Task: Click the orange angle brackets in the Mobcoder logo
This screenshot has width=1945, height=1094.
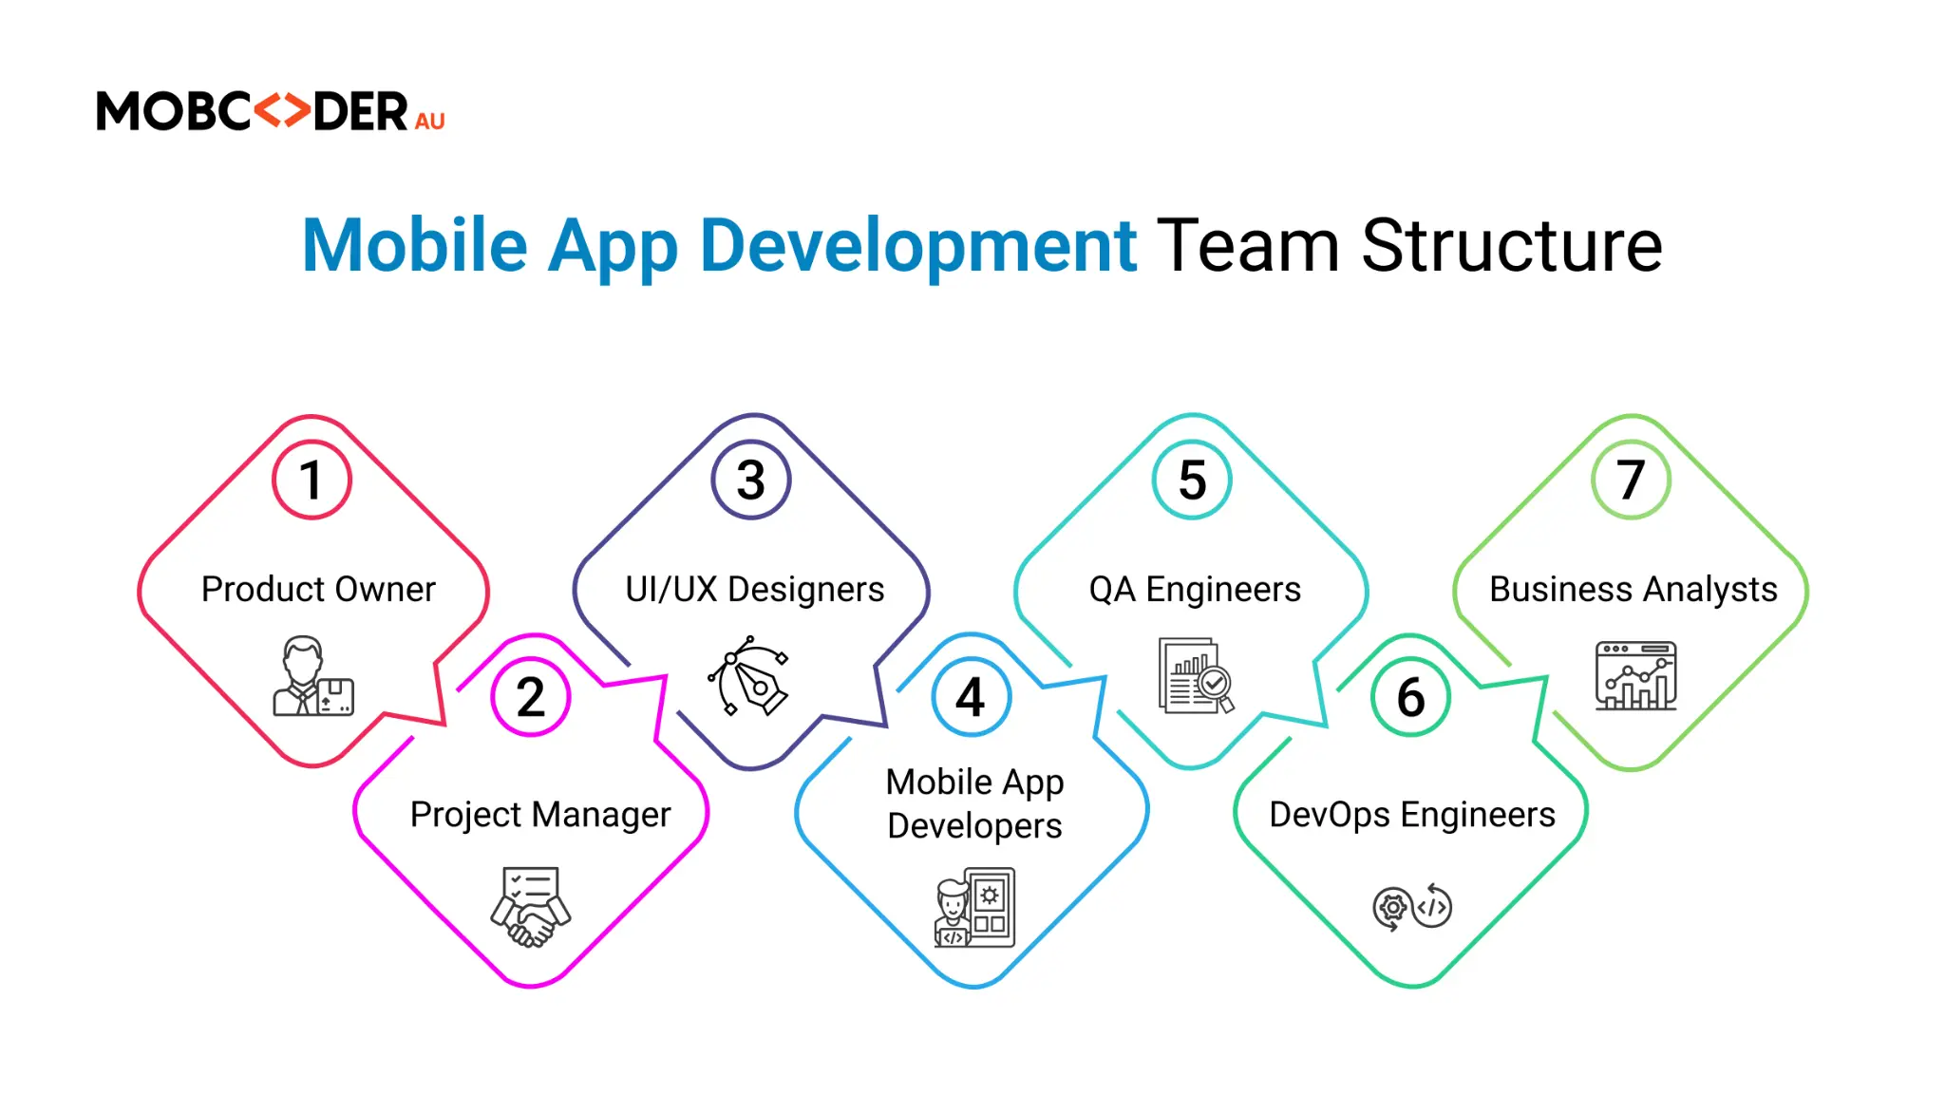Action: (282, 111)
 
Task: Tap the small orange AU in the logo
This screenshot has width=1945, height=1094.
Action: (430, 122)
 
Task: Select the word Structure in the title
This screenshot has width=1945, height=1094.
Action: (1512, 246)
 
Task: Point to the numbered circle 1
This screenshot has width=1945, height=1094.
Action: (312, 480)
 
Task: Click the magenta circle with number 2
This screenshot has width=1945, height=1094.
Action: (531, 697)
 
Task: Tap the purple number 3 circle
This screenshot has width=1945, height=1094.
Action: (751, 480)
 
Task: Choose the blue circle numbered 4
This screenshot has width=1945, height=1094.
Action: (971, 697)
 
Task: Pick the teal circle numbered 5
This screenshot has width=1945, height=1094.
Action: (1192, 480)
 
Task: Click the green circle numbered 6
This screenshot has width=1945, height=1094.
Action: (1411, 697)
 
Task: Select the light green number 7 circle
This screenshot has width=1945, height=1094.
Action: (1632, 480)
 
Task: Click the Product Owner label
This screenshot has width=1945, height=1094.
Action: (318, 590)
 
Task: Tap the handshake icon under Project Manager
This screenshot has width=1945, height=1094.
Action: (531, 907)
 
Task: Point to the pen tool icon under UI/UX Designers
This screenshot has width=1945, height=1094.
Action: (749, 675)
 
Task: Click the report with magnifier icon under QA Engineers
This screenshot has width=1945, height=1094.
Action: (1196, 675)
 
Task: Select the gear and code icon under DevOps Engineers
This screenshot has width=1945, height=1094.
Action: (1412, 908)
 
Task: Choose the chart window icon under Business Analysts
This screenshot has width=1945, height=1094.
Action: (1635, 675)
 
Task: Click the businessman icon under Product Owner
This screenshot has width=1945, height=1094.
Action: (313, 675)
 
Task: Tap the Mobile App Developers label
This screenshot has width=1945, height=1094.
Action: (974, 803)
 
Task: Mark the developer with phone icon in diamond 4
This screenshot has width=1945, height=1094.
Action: (974, 908)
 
